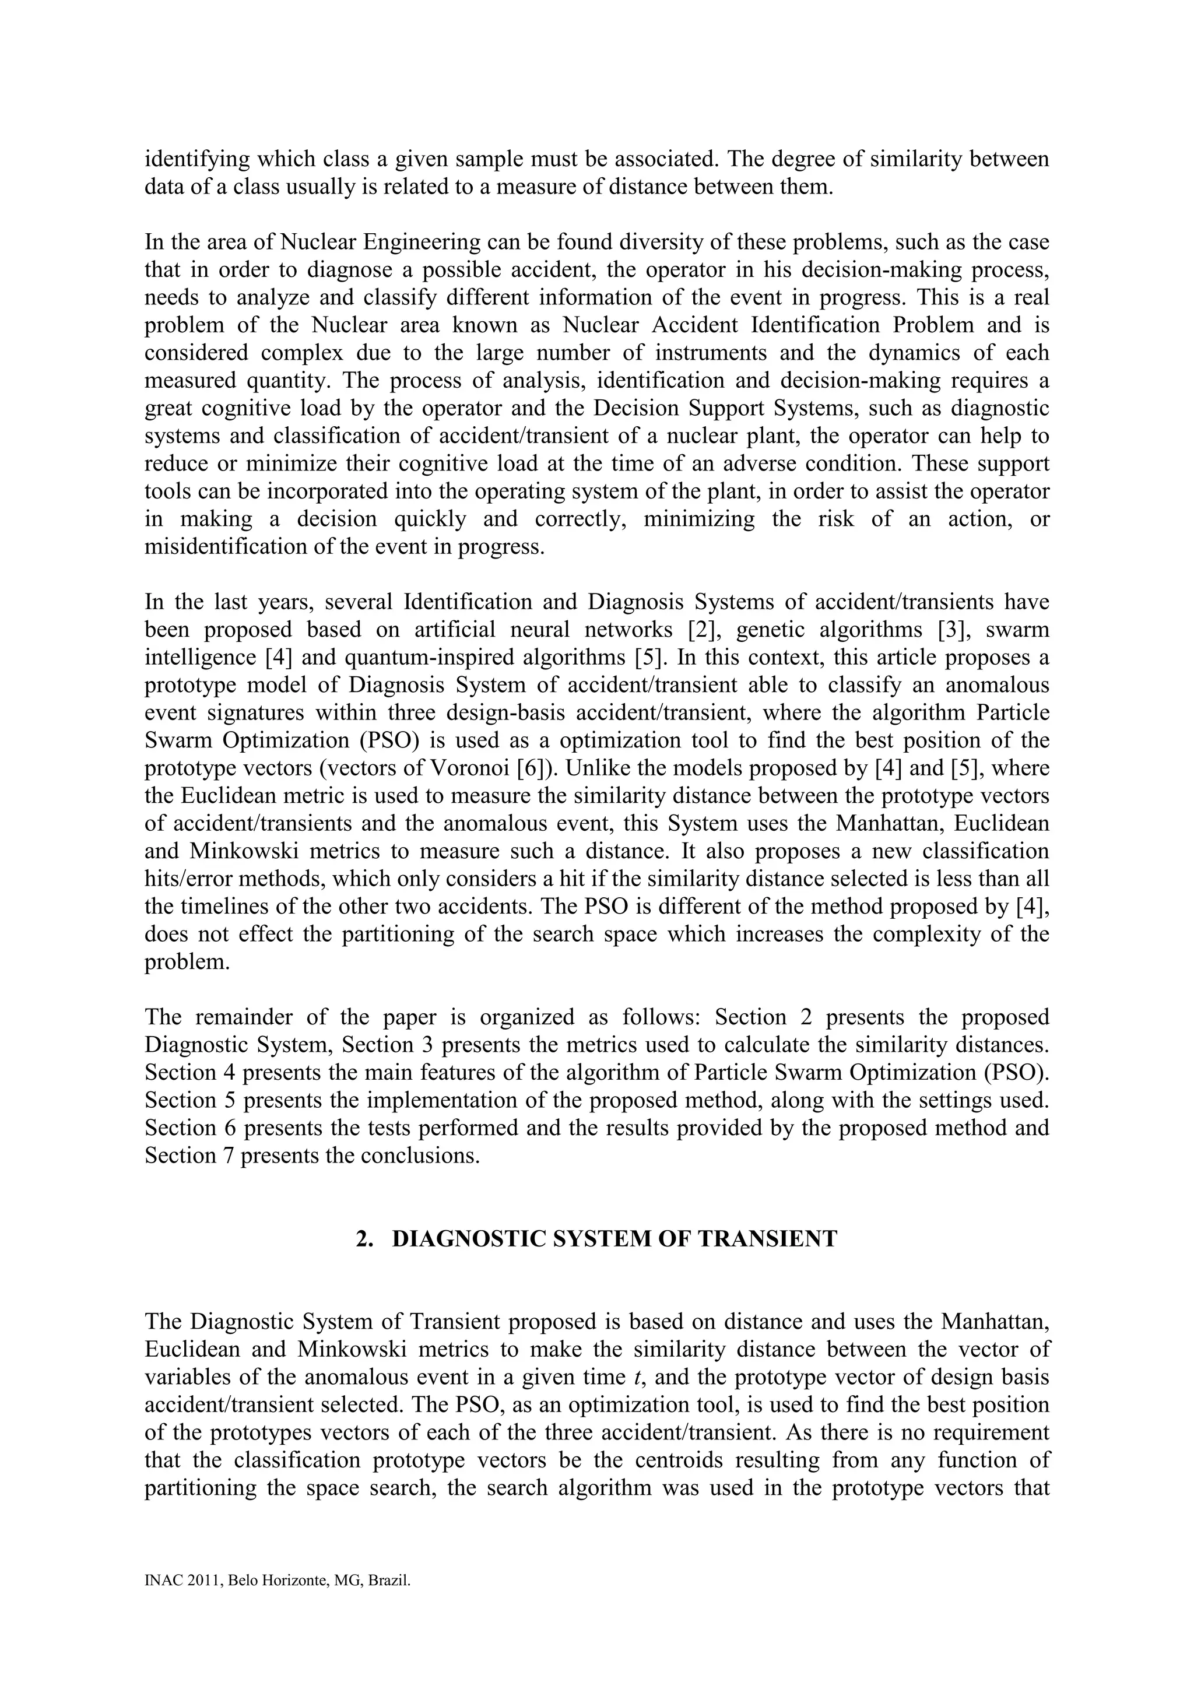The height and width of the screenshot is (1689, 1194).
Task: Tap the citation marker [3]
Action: coord(950,630)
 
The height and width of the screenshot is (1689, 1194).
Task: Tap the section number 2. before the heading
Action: coord(363,1239)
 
